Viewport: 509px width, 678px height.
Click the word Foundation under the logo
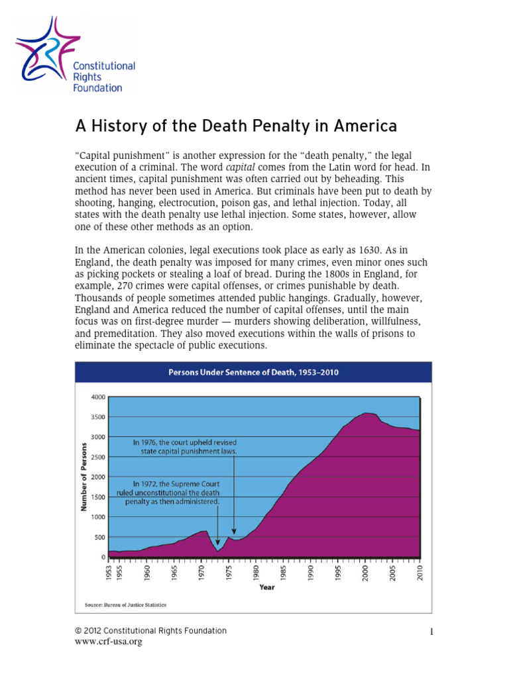tap(97, 87)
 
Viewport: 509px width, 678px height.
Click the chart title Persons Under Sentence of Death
tap(253, 372)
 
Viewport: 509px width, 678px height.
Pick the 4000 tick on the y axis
tap(97, 397)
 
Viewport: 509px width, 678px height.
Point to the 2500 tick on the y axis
tap(97, 458)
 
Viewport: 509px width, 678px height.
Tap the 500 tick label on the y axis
tap(99, 538)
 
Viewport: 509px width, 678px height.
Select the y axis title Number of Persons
tap(84, 477)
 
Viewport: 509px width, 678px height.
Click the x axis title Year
tap(266, 587)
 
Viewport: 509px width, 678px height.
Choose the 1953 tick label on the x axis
tap(109, 573)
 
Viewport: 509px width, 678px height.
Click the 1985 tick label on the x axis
tap(284, 573)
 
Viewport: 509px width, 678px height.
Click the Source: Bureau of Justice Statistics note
tap(125, 605)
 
